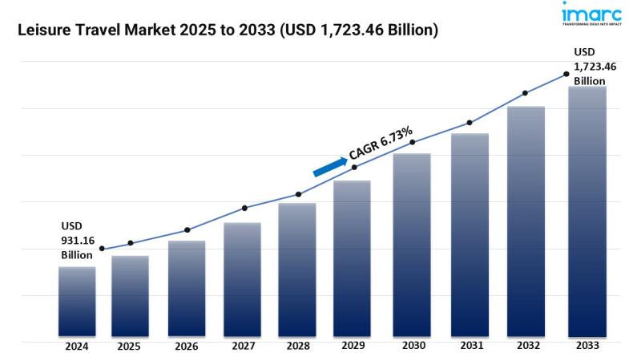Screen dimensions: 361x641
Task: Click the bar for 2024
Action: pos(77,301)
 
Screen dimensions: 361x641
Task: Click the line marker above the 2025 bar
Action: pos(131,243)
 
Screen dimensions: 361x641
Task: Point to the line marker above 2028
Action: pos(298,194)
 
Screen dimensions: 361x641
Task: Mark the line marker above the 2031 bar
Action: pos(470,123)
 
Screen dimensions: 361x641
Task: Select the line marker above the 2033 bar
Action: pos(566,74)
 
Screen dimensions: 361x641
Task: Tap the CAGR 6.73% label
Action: pos(381,143)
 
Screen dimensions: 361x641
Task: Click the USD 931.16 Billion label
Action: pos(77,240)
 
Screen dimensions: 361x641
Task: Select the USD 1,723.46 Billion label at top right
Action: pos(594,67)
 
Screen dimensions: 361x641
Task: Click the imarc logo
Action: pos(594,18)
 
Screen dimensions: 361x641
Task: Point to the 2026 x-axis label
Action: pos(187,347)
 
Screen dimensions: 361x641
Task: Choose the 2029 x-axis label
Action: pos(353,347)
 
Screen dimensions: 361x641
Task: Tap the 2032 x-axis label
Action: pos(526,347)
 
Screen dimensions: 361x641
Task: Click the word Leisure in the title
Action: pos(39,30)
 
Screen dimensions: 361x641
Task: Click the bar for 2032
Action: pos(526,221)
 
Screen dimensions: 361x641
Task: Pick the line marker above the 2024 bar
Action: pos(102,249)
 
